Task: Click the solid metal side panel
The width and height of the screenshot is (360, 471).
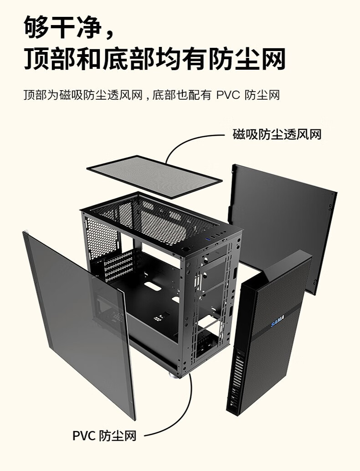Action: click(283, 219)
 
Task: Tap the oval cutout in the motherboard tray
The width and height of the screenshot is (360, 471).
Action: click(155, 289)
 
